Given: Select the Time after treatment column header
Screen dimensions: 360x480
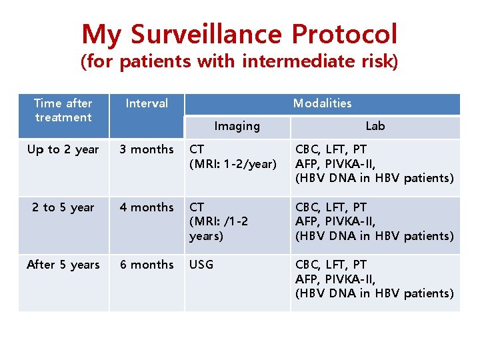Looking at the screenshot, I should pos(63,110).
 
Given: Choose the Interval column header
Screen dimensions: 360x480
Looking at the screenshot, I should pos(147,103).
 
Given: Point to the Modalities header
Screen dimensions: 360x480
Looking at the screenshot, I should pos(322,103).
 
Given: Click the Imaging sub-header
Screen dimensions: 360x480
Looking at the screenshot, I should pos(237,126).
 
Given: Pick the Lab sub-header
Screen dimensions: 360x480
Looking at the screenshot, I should pos(375,126).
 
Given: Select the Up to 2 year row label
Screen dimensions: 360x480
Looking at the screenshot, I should pos(63,149).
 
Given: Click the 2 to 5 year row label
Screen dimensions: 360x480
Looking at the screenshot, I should pos(63,207).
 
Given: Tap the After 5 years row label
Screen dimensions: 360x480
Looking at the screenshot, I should pos(63,265).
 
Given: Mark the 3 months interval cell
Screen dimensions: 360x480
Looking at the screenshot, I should pos(147,149).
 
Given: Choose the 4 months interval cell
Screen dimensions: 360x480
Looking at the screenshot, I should pos(147,207).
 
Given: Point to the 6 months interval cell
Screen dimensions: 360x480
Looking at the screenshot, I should pos(147,265).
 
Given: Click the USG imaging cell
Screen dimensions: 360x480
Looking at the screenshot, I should pos(201,265).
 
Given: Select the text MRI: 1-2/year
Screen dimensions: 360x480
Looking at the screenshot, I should pos(233,164).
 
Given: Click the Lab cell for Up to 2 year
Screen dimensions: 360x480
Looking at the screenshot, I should pos(375,163).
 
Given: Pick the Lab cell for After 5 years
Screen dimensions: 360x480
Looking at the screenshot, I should pos(375,279).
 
